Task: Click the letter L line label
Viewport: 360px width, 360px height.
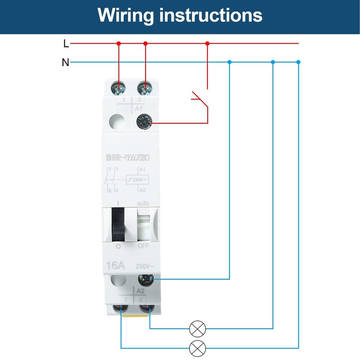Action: (x=66, y=44)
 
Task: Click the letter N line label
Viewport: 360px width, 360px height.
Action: (x=66, y=63)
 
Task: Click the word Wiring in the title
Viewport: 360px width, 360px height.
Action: (x=126, y=15)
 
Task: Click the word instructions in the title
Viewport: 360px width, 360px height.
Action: (x=211, y=15)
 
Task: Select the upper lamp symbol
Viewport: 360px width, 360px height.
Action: (x=197, y=329)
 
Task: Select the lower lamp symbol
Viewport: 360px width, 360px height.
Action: (x=197, y=348)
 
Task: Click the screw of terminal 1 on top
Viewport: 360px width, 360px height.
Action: (x=119, y=86)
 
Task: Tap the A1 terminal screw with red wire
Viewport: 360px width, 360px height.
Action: (x=144, y=122)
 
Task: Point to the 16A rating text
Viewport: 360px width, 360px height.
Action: (x=116, y=265)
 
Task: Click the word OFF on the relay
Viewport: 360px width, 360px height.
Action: (x=143, y=247)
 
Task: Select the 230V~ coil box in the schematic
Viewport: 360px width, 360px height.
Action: (x=138, y=180)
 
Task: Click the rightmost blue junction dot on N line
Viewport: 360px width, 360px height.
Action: (x=298, y=62)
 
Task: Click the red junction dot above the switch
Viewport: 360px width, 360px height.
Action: (x=207, y=44)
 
